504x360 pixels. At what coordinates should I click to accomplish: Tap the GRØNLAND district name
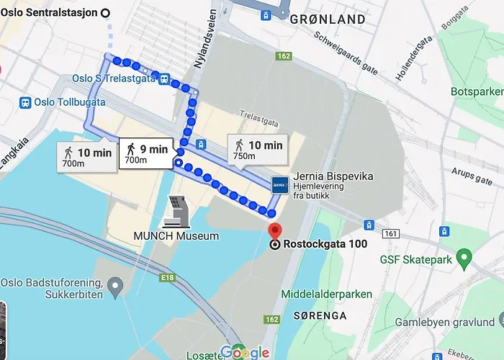[327, 20]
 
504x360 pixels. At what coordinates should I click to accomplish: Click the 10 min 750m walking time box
[258, 150]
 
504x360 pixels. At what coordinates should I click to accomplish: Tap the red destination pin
[274, 232]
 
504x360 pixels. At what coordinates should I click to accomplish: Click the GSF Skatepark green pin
[464, 256]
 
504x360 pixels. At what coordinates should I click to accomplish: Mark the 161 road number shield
[391, 234]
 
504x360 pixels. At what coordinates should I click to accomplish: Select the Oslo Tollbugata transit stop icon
[26, 103]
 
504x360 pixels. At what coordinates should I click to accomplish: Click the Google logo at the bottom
[244, 351]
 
